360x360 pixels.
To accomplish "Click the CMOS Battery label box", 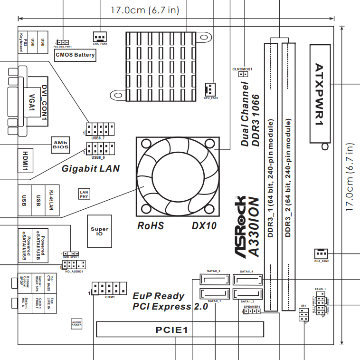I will pyautogui.click(x=75, y=55).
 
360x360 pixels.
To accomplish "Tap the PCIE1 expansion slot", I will pyautogui.click(x=180, y=329).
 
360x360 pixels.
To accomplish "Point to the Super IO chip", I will pyautogui.click(x=99, y=231).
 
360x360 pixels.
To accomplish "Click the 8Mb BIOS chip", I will pyautogui.click(x=61, y=145).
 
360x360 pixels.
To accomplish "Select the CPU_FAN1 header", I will pyautogui.click(x=210, y=88).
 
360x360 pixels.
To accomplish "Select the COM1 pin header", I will pyautogui.click(x=110, y=288).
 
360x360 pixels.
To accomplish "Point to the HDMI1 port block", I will pyautogui.click(x=26, y=161).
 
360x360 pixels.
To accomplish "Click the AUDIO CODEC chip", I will pyautogui.click(x=76, y=324).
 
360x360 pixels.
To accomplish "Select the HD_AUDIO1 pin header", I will pyautogui.click(x=73, y=265).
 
